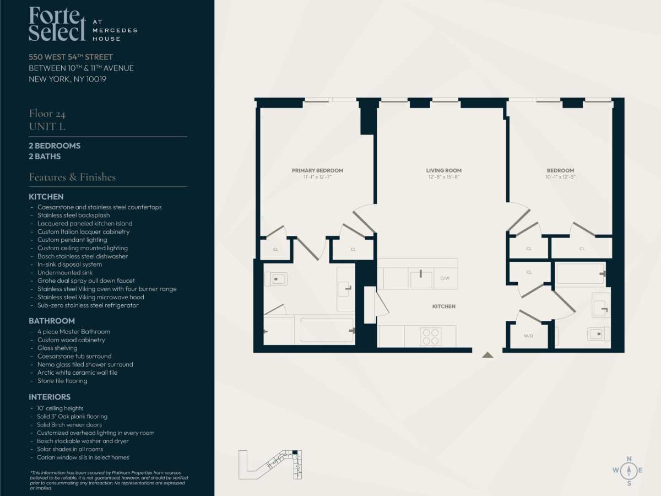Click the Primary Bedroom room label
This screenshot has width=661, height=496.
point(317,170)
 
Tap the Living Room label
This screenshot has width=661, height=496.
point(443,170)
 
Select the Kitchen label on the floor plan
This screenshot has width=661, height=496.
point(443,306)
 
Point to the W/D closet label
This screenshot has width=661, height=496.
point(528,336)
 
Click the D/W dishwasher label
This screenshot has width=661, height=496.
point(445,278)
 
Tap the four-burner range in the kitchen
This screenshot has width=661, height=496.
point(431,336)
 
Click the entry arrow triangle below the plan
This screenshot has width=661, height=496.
point(487,355)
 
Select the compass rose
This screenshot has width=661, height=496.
point(629,471)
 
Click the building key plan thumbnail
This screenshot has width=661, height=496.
point(270,465)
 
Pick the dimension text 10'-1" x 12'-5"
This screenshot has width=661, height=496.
point(560,177)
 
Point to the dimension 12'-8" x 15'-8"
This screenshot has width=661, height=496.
point(443,177)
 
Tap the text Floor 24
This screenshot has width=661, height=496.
point(47,114)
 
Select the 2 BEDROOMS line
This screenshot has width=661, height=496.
point(55,145)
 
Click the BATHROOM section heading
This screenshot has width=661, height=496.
point(52,321)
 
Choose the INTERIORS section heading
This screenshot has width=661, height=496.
point(50,397)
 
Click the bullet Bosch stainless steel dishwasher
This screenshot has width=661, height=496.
point(83,256)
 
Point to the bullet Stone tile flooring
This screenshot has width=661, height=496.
point(62,381)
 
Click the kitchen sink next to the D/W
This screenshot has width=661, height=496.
point(421,279)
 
